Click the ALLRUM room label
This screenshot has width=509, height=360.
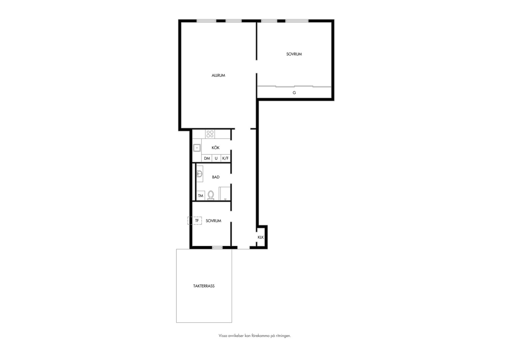pyautogui.click(x=219, y=75)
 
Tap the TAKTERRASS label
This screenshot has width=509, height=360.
pyautogui.click(x=204, y=286)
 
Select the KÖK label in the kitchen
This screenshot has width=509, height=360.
pyautogui.click(x=216, y=147)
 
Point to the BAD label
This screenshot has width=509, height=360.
pyautogui.click(x=216, y=177)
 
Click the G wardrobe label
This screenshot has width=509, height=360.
pyautogui.click(x=294, y=93)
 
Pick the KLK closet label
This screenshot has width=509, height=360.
pyautogui.click(x=260, y=237)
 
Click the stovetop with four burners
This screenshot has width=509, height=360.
pyautogui.click(x=210, y=134)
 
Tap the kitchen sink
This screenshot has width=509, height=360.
pyautogui.click(x=197, y=148)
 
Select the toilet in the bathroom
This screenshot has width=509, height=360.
pyautogui.click(x=211, y=195)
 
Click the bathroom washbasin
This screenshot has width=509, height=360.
pyautogui.click(x=200, y=174)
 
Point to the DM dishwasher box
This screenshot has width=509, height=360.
pyautogui.click(x=207, y=158)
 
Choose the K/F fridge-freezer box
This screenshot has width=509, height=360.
pyautogui.click(x=226, y=158)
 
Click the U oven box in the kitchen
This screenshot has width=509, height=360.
pyautogui.click(x=216, y=158)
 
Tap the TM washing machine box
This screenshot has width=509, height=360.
pyautogui.click(x=201, y=196)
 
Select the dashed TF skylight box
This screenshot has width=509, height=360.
pyautogui.click(x=195, y=221)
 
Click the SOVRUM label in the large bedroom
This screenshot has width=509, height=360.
pyautogui.click(x=294, y=54)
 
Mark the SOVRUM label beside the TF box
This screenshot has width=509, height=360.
pyautogui.click(x=214, y=221)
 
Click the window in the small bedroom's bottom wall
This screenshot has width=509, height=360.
pyautogui.click(x=217, y=247)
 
